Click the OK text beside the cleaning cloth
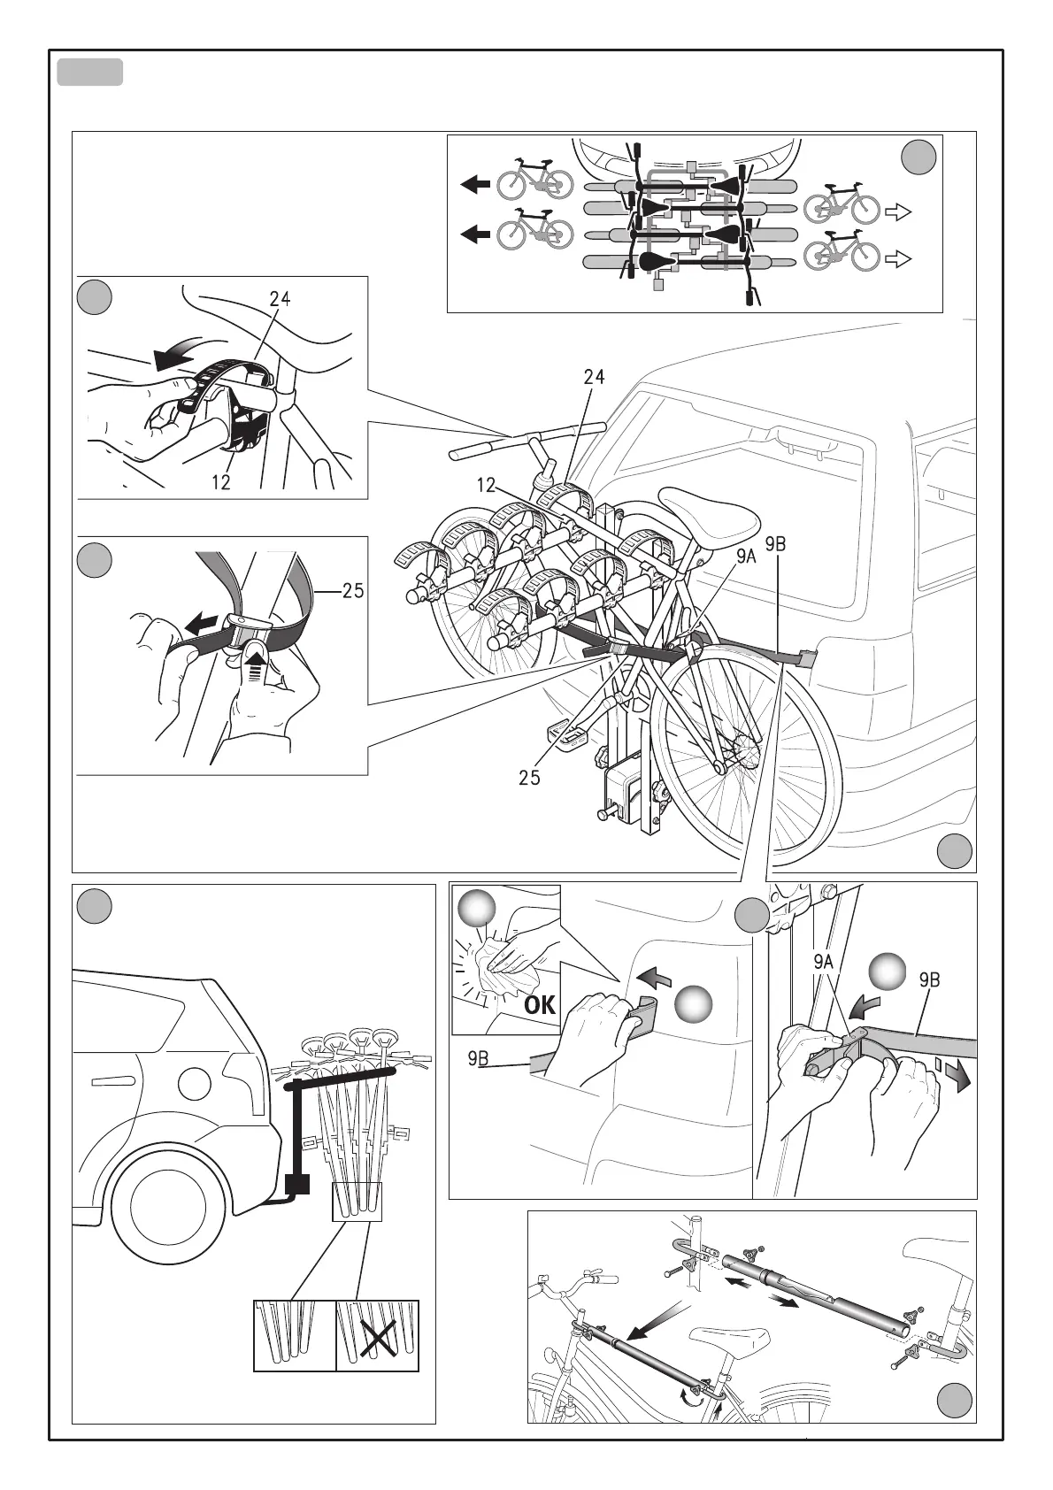pyautogui.click(x=539, y=1006)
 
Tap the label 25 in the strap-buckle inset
pyautogui.click(x=352, y=590)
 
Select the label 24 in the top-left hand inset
pyautogui.click(x=279, y=299)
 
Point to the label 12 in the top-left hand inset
pyautogui.click(x=220, y=483)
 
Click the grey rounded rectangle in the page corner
pyautogui.click(x=89, y=73)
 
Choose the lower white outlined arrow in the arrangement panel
pyautogui.click(x=898, y=259)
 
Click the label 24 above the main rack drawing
pyautogui.click(x=594, y=377)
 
